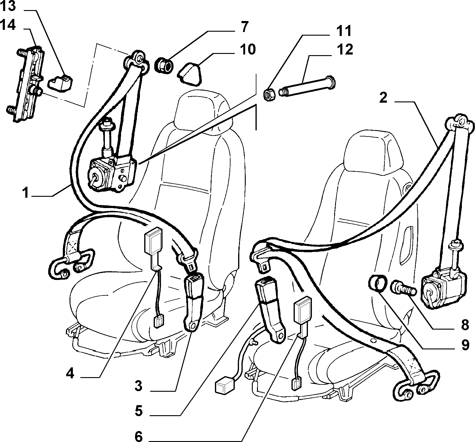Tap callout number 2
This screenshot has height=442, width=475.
tap(383, 98)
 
